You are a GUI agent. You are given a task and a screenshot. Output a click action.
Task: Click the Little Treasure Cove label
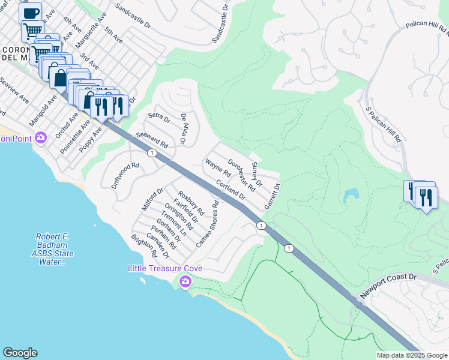(164, 268)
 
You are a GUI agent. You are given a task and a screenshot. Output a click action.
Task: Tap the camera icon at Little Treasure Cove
(185, 281)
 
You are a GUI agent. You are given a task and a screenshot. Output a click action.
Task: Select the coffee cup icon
(30, 13)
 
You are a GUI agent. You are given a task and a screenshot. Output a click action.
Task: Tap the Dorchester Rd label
(242, 175)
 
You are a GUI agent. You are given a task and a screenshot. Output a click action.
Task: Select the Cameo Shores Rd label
(208, 224)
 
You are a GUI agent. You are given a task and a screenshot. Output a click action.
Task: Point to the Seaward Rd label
(152, 140)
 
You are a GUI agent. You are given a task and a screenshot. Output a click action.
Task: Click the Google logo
(20, 353)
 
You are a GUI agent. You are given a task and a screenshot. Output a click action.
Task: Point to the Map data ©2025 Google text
(411, 355)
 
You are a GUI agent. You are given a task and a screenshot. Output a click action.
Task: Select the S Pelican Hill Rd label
(384, 124)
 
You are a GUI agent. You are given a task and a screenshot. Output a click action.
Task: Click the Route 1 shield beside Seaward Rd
(153, 154)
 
